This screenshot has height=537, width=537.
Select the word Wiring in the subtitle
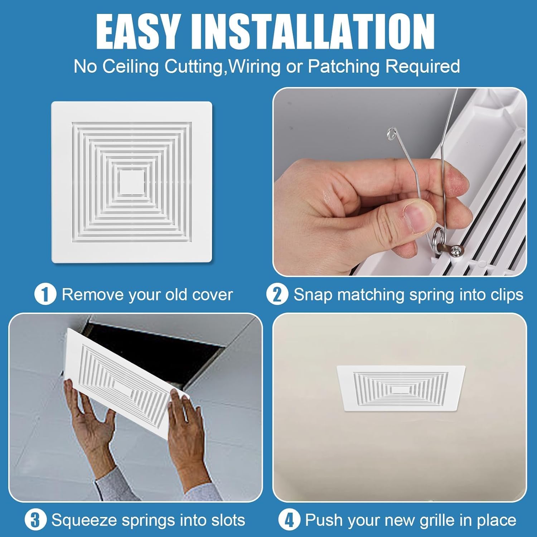[255, 67]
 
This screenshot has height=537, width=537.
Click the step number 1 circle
[45, 295]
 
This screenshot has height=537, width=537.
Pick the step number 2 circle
[277, 295]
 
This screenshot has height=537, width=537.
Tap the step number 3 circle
[35, 520]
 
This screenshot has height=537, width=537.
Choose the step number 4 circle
[289, 520]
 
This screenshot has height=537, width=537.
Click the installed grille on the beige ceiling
[401, 388]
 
